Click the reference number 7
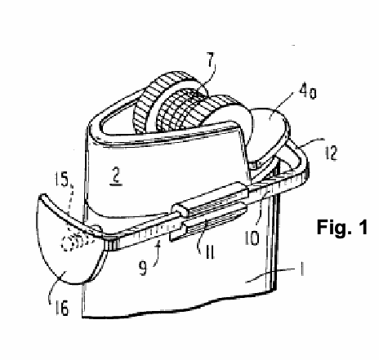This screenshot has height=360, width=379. (x=211, y=61)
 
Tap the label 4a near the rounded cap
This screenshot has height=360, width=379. (x=308, y=93)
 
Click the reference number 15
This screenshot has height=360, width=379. (x=60, y=180)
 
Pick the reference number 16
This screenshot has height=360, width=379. (x=62, y=308)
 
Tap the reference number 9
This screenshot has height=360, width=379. (x=143, y=267)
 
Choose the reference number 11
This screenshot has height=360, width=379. (x=209, y=251)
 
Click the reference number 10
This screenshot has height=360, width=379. (x=252, y=238)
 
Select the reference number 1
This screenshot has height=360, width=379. (x=302, y=269)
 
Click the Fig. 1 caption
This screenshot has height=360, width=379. (x=342, y=227)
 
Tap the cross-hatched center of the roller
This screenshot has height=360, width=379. (x=180, y=108)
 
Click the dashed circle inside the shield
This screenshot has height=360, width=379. (x=67, y=244)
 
